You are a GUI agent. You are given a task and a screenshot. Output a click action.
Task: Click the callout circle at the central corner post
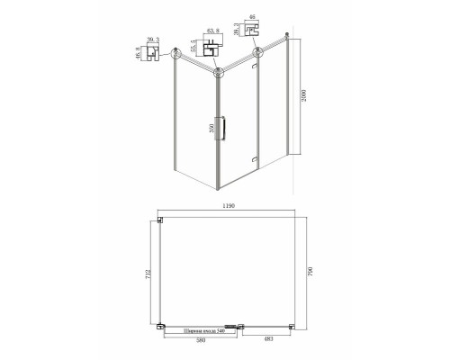pos(216,76)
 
